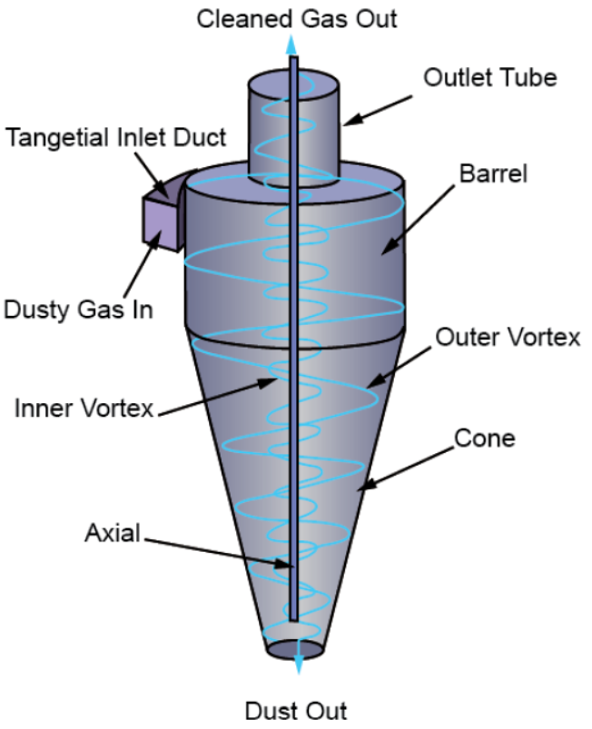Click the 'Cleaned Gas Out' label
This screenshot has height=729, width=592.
[x=296, y=17]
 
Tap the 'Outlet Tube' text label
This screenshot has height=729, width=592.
[x=490, y=77]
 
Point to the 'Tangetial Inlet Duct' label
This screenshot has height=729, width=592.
[x=115, y=139]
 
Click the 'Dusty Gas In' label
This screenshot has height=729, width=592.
[x=77, y=309]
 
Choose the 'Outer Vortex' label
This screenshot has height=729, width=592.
[x=508, y=339]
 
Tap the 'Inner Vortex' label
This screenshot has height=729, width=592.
[x=84, y=408]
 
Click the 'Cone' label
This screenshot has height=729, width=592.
[x=485, y=438]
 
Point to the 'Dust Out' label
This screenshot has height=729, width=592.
[x=296, y=709]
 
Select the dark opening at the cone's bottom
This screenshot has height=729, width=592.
[x=296, y=650]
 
